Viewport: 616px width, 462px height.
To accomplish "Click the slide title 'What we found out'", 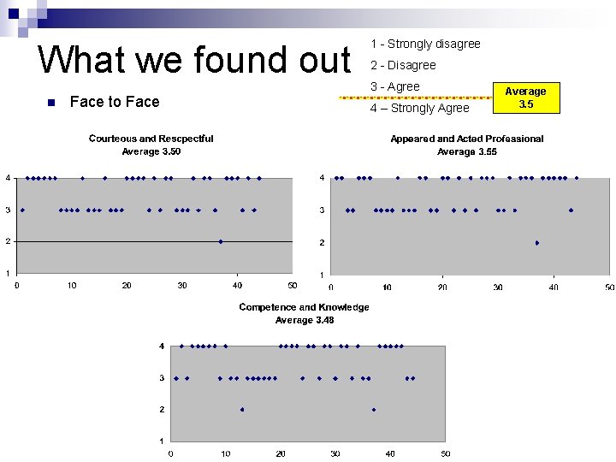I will (x=195, y=61).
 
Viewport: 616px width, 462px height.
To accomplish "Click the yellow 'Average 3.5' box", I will (x=525, y=98).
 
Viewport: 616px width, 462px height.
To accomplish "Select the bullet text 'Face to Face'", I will (x=115, y=102).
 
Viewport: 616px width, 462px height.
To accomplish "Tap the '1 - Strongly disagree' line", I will (x=425, y=44).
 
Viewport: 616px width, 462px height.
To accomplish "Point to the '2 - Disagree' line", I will (x=403, y=65).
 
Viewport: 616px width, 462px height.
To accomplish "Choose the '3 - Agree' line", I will (x=394, y=86).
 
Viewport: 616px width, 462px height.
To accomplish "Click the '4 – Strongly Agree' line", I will (x=419, y=108).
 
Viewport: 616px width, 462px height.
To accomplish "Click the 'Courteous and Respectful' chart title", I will (x=151, y=139).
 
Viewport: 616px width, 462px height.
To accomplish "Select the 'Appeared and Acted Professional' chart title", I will (x=466, y=139).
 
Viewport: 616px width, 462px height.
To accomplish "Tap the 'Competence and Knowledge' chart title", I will (x=304, y=307).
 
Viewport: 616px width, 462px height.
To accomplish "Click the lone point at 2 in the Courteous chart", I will (x=221, y=241).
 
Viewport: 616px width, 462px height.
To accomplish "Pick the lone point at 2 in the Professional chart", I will (x=537, y=243).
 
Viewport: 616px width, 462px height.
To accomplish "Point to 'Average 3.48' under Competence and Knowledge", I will (x=304, y=320).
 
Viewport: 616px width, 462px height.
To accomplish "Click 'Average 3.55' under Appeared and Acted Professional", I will (x=466, y=151).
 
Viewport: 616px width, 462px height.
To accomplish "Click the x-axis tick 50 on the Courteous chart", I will (x=292, y=285).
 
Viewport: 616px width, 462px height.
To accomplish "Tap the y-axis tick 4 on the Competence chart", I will (x=162, y=346).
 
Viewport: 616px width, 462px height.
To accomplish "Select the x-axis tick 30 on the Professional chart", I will (x=498, y=287).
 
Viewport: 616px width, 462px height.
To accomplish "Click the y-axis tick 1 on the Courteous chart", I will (x=9, y=273).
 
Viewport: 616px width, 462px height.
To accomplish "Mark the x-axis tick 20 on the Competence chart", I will (x=281, y=453).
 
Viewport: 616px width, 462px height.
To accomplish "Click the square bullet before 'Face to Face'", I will (x=50, y=103).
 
